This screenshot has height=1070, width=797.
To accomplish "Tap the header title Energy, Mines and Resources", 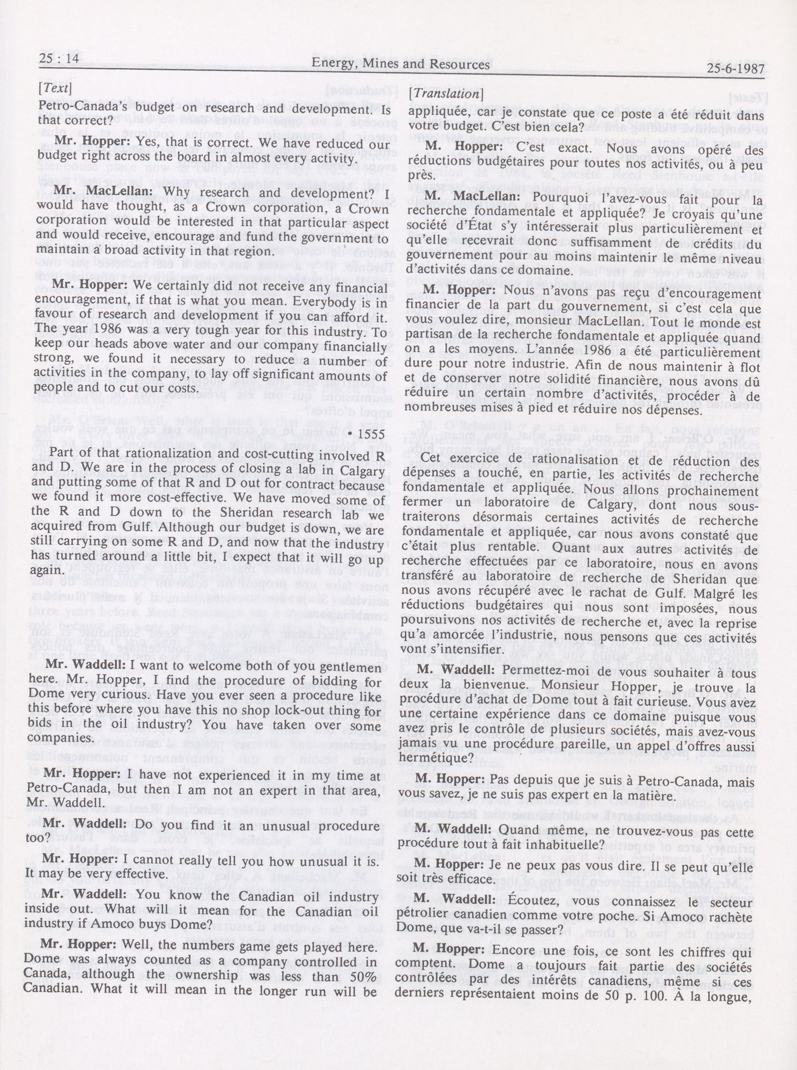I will tap(400, 64).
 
